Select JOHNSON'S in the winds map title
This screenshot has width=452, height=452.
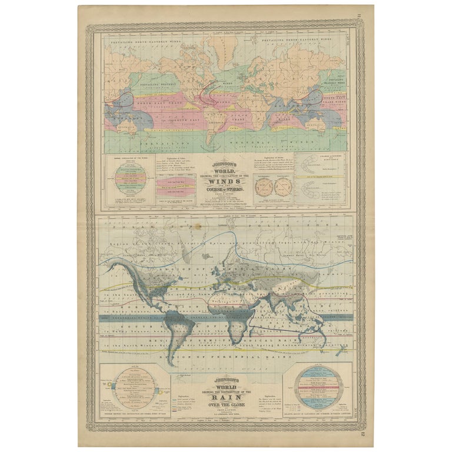[225, 165]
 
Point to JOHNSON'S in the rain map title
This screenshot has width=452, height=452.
[225, 380]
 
